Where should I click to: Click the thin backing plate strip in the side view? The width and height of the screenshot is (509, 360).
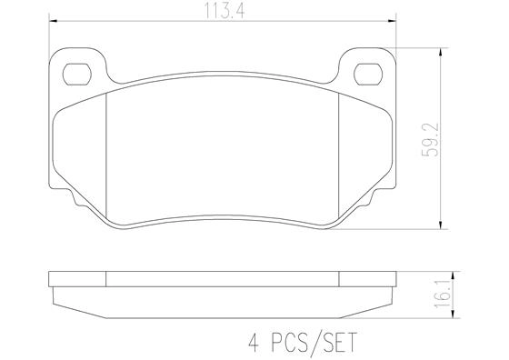(224, 280)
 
